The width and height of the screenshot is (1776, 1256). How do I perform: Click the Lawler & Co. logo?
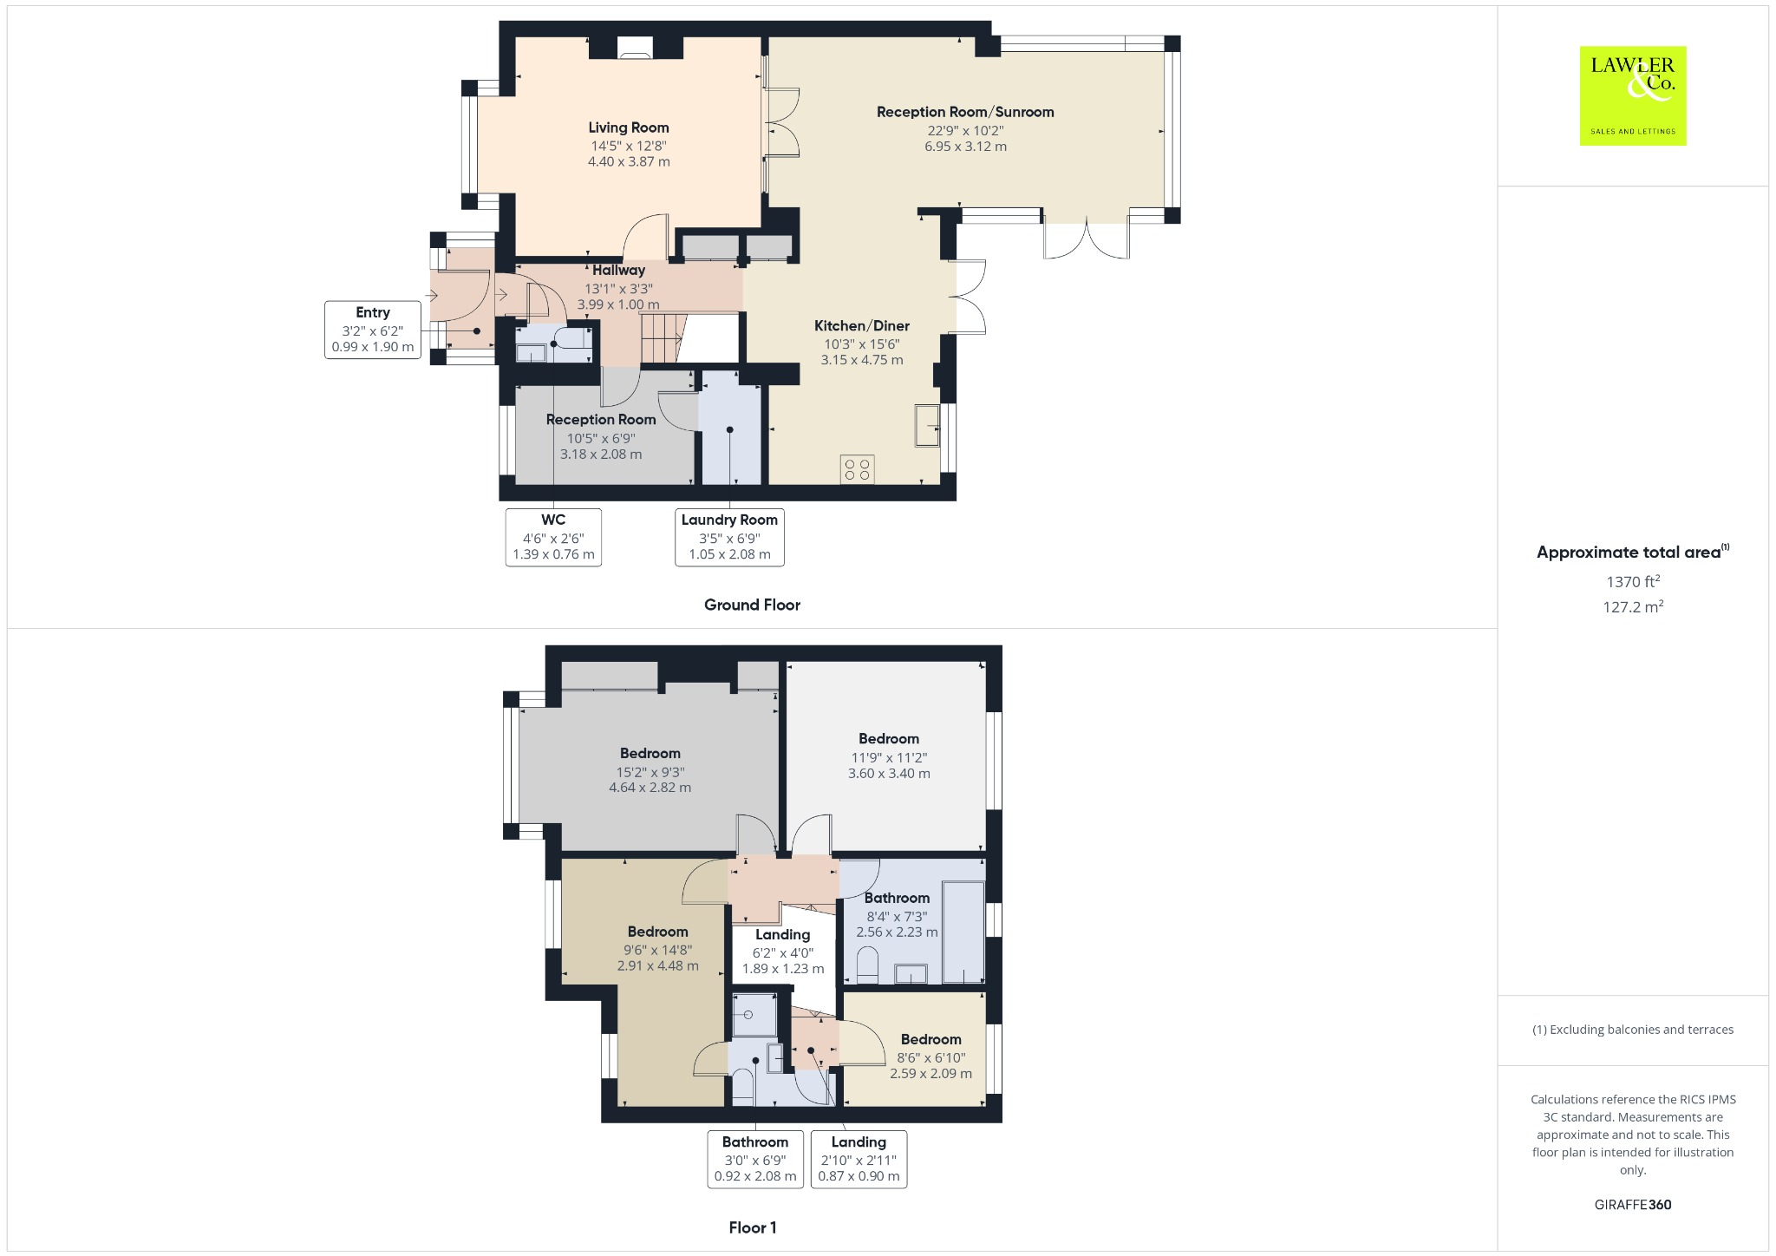(x=1632, y=95)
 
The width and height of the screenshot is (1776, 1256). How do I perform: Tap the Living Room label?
(x=628, y=128)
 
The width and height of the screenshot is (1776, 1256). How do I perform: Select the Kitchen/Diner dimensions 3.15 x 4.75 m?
(x=861, y=360)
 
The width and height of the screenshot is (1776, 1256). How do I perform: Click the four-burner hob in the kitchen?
(x=857, y=469)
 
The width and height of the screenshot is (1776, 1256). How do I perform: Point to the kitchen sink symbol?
(x=927, y=425)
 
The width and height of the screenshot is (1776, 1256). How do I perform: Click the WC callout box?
(x=553, y=537)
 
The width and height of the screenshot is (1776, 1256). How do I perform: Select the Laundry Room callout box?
(x=729, y=537)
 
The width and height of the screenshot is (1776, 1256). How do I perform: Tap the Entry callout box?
(x=372, y=330)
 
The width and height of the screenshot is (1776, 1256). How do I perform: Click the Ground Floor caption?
(x=752, y=605)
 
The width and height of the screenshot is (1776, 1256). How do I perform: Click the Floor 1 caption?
(x=752, y=1227)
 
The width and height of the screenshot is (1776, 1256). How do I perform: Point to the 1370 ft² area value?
(x=1632, y=582)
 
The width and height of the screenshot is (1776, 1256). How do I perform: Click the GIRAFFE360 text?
(x=1632, y=1204)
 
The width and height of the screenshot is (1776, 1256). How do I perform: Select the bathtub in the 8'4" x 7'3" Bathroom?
(x=963, y=932)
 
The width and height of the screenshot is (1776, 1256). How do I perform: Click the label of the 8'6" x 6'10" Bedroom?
(x=930, y=1039)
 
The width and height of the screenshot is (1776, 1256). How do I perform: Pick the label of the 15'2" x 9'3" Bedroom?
(x=650, y=753)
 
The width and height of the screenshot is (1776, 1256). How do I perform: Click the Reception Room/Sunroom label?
(x=964, y=112)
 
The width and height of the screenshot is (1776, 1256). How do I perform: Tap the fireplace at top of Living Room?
(x=637, y=52)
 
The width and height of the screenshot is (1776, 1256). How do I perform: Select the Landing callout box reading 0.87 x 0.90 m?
(x=859, y=1159)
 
